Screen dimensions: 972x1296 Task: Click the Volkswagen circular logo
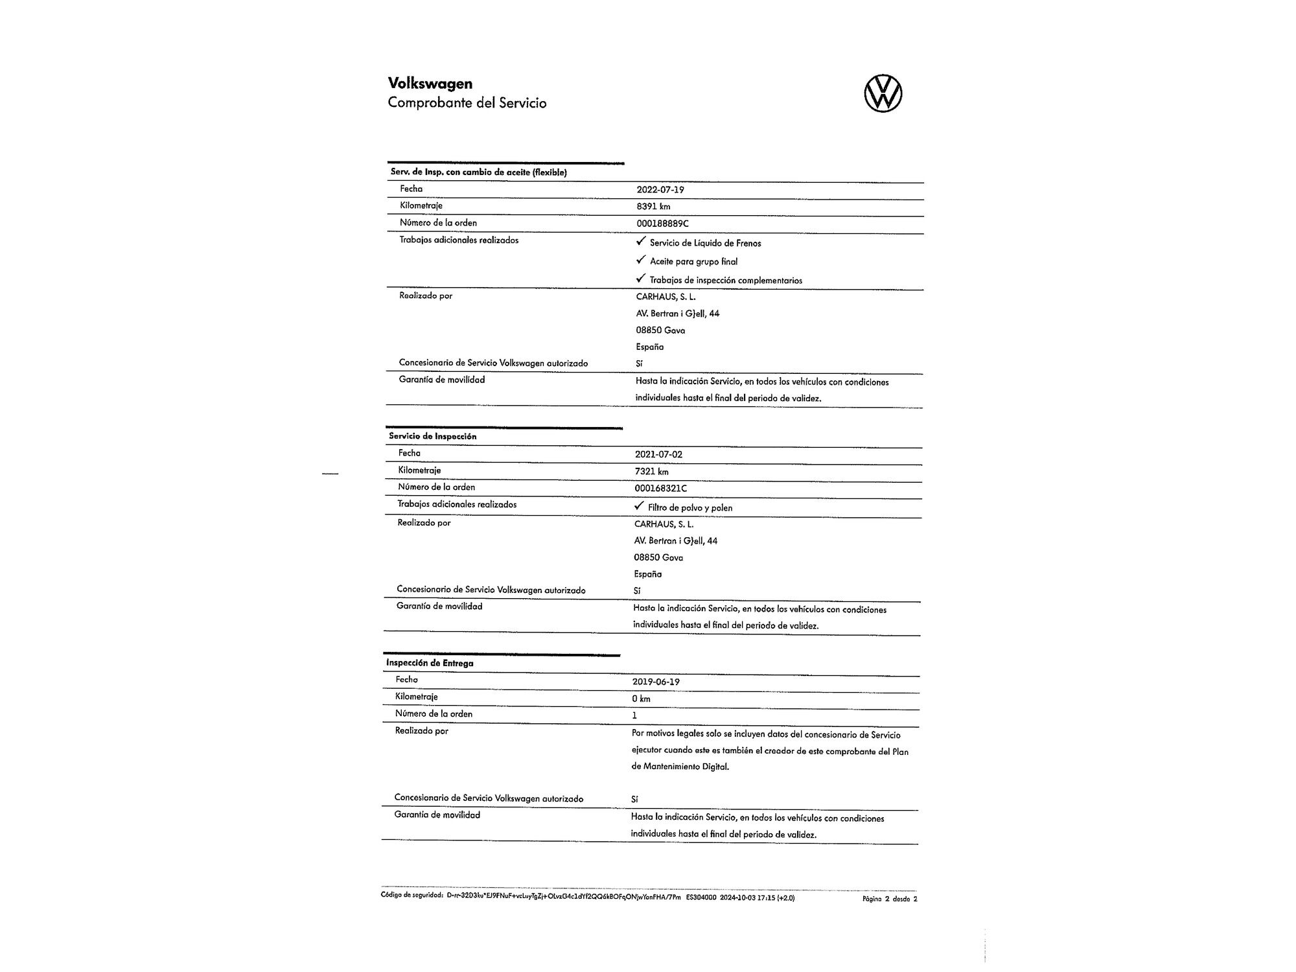pos(883,93)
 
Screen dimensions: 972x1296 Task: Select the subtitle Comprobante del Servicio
pos(467,103)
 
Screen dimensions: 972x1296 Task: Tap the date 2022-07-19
pos(660,190)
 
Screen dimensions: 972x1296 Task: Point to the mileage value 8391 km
pos(653,207)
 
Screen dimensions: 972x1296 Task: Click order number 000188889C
pos(662,224)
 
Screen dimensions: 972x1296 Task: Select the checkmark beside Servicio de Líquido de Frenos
pos(641,242)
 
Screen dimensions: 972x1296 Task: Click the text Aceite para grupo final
pos(693,262)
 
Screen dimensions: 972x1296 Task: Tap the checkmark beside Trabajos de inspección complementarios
pos(641,279)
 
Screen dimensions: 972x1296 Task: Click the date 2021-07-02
pos(658,454)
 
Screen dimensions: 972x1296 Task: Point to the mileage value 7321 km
pos(651,472)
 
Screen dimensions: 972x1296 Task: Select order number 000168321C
pos(660,489)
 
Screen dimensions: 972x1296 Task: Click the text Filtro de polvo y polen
pos(690,508)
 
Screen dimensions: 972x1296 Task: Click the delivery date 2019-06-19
pos(656,682)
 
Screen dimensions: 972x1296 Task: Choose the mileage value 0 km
pos(641,699)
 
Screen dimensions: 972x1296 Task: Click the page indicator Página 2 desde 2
pos(890,899)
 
